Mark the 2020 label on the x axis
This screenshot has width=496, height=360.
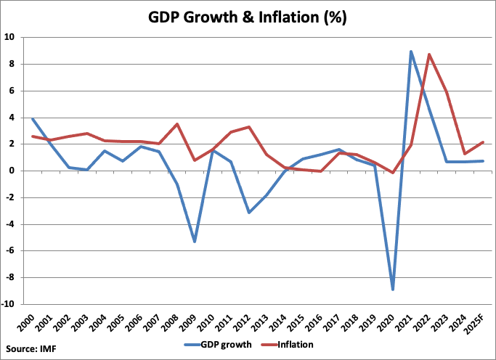point(392,322)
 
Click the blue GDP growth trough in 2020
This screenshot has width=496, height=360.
point(393,290)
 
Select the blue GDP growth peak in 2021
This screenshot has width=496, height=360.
point(411,52)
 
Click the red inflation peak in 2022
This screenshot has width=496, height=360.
point(429,54)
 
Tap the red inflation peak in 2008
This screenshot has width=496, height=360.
point(176,124)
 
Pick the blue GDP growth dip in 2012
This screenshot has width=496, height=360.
point(248,212)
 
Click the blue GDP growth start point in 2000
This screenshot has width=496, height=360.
point(32,119)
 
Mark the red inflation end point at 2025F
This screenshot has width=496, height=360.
point(483,142)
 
